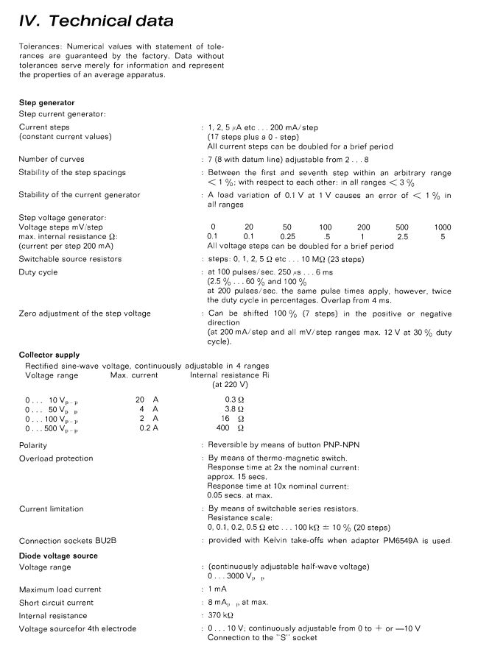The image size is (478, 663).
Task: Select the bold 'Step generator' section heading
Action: click(x=46, y=102)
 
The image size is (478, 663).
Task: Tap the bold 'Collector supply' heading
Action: click(x=49, y=355)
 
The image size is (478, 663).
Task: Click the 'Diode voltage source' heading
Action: click(x=58, y=556)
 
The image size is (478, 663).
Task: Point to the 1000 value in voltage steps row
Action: click(x=443, y=227)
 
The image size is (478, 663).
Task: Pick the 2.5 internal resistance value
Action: click(x=402, y=236)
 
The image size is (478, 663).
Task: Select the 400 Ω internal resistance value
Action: click(x=230, y=428)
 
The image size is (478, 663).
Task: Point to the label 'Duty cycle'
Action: click(x=38, y=272)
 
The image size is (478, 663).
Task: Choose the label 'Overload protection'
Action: click(x=56, y=458)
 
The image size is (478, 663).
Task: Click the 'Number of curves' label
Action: click(x=52, y=159)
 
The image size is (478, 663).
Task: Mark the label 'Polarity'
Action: click(x=33, y=445)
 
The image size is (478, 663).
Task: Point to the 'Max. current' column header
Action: click(x=134, y=375)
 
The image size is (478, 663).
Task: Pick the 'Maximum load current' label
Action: click(x=60, y=589)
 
